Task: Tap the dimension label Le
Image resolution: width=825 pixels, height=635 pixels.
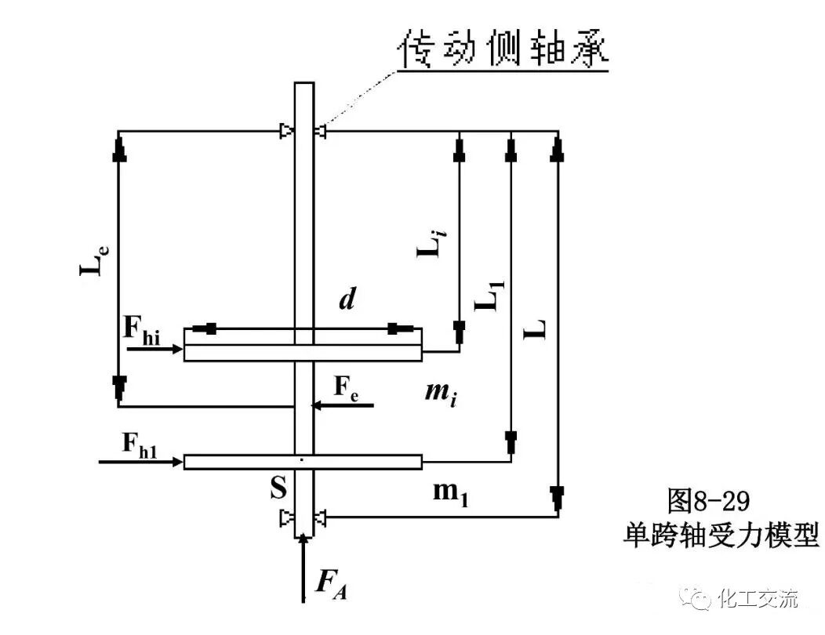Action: click(x=93, y=260)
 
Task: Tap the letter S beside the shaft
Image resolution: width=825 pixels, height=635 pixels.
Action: click(x=278, y=489)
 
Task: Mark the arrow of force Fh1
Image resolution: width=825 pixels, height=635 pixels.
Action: click(x=141, y=462)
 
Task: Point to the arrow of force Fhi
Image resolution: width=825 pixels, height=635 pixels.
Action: click(x=154, y=346)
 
